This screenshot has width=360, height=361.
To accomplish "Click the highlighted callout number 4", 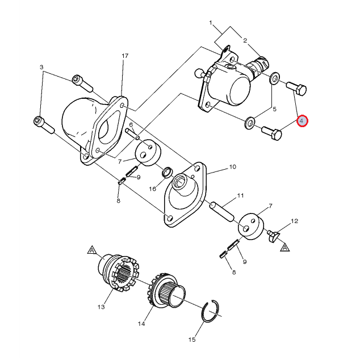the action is (x=302, y=121).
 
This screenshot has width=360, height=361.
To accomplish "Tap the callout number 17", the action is (x=125, y=56).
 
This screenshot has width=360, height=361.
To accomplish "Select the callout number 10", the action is (x=233, y=167).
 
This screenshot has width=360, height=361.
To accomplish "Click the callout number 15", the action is (x=192, y=339).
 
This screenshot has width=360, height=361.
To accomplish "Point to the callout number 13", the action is (x=101, y=307).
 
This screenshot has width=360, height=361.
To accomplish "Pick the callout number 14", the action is (x=141, y=324).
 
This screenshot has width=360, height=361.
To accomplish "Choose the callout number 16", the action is (x=153, y=189).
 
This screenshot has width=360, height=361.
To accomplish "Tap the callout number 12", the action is (x=294, y=221).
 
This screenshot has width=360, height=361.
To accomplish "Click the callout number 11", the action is (x=240, y=195).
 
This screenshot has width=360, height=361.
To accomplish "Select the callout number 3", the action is (x=41, y=67).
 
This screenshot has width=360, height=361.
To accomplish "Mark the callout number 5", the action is (x=274, y=109).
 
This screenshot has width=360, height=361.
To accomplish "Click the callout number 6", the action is (x=131, y=125).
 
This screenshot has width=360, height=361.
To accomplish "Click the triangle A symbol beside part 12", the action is (x=285, y=247).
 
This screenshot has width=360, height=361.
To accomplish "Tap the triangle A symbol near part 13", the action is (x=92, y=250).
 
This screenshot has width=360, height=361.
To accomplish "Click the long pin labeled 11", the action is (x=222, y=212).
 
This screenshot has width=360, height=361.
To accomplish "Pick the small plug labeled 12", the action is (x=274, y=236).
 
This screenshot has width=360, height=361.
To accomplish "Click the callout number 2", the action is (x=245, y=40).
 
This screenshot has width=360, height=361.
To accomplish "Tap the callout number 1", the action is (x=210, y=23).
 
